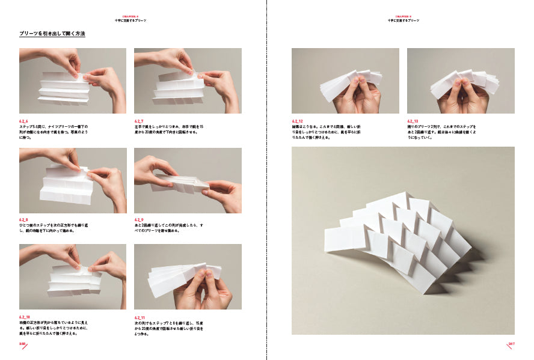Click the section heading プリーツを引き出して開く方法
52,34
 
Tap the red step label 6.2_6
25,121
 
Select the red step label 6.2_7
140,121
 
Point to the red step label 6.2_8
25,220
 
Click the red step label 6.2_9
140,220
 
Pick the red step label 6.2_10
25,317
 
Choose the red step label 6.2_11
140,317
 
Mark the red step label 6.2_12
298,121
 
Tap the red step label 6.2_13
413,121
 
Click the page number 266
22,344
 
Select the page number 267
511,344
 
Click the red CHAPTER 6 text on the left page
130,17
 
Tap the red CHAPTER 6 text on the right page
403,17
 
